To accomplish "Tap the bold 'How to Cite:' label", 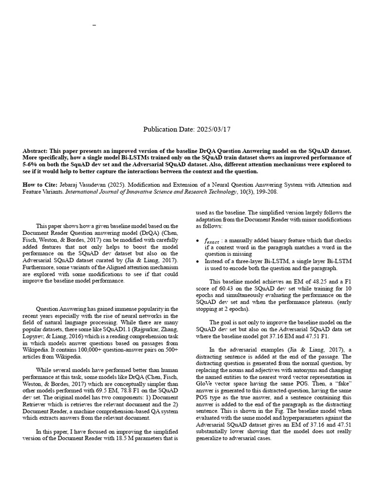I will pos(40,185).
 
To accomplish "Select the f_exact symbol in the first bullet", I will pos(212,241).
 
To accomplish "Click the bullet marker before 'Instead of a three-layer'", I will pos(197,262).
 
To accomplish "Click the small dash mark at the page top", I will pos(94,24).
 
